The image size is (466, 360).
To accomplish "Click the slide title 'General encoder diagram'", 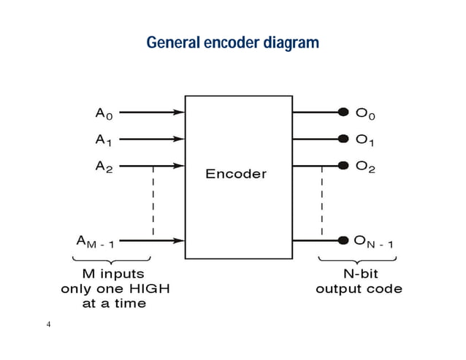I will pyautogui.click(x=232, y=43).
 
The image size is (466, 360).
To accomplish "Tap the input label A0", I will pyautogui.click(x=104, y=113).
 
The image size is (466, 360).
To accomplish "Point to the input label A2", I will pyautogui.click(x=104, y=166).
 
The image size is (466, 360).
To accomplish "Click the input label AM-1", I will pyautogui.click(x=95, y=241).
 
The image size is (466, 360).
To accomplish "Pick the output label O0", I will pyautogui.click(x=365, y=113).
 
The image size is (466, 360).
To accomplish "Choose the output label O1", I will pyautogui.click(x=365, y=139).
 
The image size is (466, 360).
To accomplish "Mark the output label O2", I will pyautogui.click(x=365, y=166).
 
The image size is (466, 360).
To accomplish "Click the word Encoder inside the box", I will pyautogui.click(x=236, y=174).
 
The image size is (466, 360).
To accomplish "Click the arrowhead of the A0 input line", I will pyautogui.click(x=179, y=112).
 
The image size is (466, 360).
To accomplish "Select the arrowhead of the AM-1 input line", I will pyautogui.click(x=179, y=240).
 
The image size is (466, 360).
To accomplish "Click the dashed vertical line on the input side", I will pyautogui.click(x=153, y=201).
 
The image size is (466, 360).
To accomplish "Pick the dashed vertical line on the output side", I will pyautogui.click(x=321, y=201).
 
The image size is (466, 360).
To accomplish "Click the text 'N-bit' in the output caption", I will pyautogui.click(x=359, y=275).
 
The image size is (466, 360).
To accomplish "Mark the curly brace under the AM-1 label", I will pyautogui.click(x=111, y=261).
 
